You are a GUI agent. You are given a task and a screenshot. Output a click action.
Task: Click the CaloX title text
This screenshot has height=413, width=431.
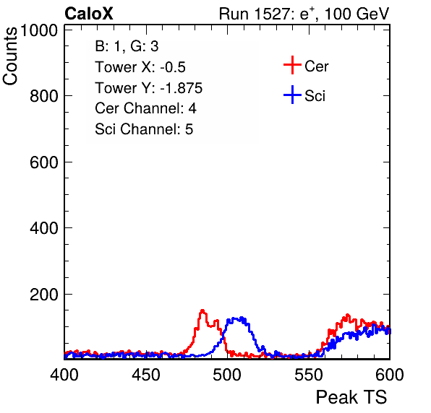tap(89, 14)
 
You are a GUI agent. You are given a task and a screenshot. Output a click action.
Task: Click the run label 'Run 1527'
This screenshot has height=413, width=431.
tap(255, 14)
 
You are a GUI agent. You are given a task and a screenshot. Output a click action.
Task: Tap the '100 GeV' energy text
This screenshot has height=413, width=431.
tap(357, 14)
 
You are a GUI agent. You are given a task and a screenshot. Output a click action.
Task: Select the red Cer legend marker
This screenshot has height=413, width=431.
tap(292, 65)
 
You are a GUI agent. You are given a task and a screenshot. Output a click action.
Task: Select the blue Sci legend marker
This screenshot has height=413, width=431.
tap(292, 95)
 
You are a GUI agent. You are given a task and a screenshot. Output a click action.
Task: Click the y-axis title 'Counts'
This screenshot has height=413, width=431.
tap(10, 56)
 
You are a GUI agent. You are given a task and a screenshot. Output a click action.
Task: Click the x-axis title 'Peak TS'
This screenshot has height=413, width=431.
tap(351, 397)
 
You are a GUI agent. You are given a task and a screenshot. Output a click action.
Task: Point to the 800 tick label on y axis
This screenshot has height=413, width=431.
tap(44, 96)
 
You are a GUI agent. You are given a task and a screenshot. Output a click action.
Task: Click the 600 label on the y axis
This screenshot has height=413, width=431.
tap(44, 162)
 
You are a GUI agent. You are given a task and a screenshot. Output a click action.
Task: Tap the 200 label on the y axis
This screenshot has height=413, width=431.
tap(44, 295)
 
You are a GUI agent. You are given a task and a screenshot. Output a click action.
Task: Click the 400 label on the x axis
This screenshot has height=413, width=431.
tap(64, 375)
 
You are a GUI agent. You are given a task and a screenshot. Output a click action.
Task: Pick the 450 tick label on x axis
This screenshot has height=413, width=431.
tap(145, 375)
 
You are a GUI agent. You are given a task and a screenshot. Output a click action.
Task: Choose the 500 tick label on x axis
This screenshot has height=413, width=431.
tap(227, 375)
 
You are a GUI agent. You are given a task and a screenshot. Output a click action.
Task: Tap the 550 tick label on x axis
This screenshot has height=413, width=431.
tap(308, 375)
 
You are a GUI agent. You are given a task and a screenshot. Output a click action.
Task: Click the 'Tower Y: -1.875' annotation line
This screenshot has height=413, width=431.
tap(149, 88)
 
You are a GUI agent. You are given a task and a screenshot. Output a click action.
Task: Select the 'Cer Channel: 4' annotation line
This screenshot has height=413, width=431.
tap(145, 108)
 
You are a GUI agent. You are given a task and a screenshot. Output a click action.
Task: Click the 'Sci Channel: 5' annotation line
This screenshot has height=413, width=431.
tap(144, 129)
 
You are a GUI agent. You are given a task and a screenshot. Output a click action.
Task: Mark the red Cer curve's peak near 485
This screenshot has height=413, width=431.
tap(202, 311)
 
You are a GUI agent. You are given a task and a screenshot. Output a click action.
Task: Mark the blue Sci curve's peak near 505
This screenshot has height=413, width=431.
tap(242, 318)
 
